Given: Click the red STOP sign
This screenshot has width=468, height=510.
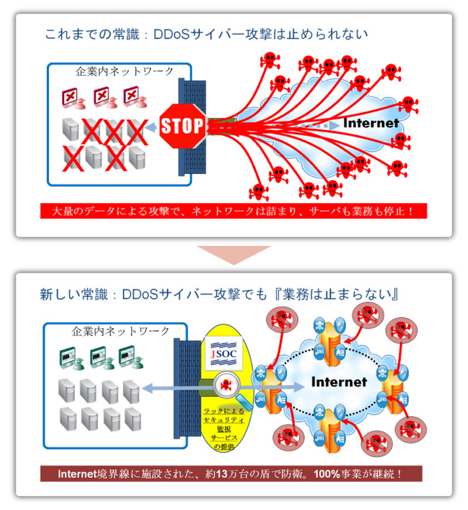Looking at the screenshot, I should (181, 125).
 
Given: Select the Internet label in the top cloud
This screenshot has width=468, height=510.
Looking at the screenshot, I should (370, 124).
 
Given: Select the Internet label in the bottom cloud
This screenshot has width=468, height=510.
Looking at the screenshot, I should (339, 382).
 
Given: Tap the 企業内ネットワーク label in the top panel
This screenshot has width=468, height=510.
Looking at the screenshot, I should (125, 71).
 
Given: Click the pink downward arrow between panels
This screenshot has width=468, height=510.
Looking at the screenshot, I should (234, 254).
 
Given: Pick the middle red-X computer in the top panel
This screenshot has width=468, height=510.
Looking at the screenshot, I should (103, 97).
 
